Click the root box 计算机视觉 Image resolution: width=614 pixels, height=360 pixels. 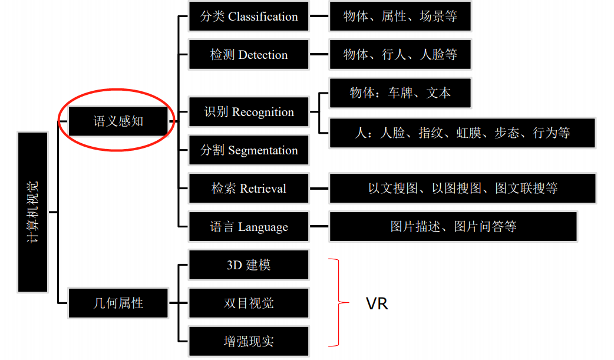point(32,212)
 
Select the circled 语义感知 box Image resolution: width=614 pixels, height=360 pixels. point(118,121)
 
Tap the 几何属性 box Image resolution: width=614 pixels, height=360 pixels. point(118,303)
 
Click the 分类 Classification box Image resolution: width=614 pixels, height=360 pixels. point(249,16)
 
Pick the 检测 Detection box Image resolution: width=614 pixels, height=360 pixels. point(249,55)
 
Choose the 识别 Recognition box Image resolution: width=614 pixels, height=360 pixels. point(249,112)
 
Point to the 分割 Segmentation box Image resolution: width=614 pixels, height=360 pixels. point(249,150)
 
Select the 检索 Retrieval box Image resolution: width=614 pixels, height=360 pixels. point(249,189)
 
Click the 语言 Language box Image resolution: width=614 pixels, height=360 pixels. point(249,227)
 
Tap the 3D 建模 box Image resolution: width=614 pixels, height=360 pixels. point(249,265)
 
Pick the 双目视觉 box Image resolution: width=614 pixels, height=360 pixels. point(249,303)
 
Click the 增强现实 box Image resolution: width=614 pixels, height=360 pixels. point(249,342)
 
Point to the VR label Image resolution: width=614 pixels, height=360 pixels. point(377,303)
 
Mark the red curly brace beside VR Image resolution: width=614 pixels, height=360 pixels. point(337,302)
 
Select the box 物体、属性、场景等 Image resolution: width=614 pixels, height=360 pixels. point(400,16)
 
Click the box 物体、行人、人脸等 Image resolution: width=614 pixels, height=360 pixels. point(400,55)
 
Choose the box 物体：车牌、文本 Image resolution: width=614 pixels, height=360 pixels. point(400,93)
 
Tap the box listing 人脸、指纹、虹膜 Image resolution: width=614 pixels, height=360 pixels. point(462,133)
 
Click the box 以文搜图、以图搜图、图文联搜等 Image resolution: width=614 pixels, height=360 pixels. point(462,189)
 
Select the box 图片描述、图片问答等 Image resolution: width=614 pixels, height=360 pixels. point(453,227)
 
